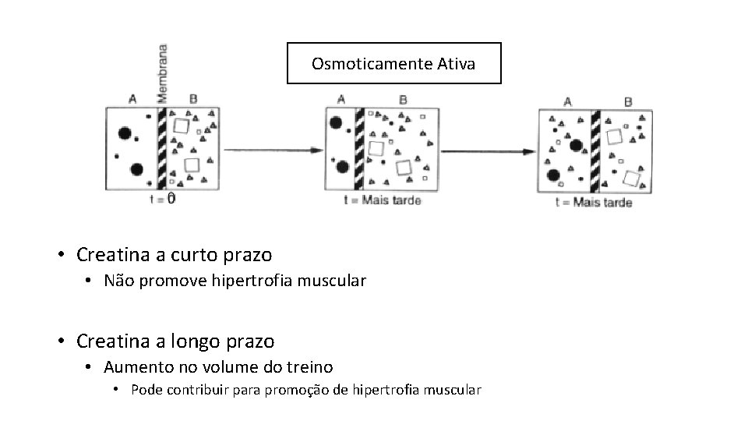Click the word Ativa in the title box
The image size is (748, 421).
456,64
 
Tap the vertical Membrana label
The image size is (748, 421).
162,72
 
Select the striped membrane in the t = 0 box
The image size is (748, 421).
162,148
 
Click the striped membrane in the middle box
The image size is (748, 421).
359,149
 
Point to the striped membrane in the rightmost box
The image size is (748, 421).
595,150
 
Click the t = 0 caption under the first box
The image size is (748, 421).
161,199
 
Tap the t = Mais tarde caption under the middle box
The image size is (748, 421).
383,200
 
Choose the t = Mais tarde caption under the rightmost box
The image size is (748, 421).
594,203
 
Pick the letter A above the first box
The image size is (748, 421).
132,99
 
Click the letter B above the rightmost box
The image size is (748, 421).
628,102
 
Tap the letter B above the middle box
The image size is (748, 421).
403,100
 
